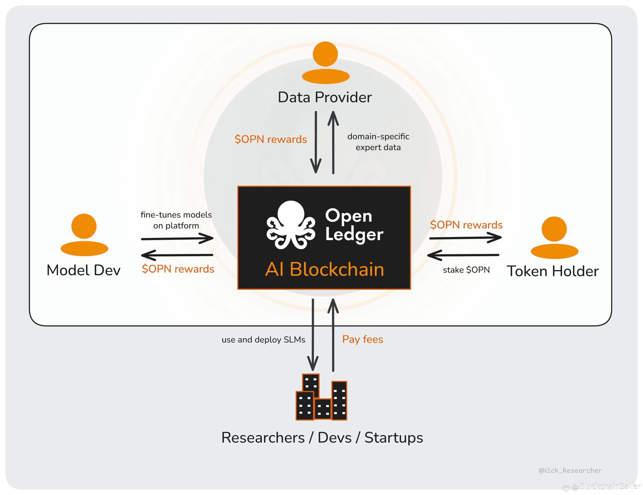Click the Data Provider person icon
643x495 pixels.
(x=326, y=63)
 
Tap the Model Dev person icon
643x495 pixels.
(x=84, y=235)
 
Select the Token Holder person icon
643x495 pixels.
(x=554, y=238)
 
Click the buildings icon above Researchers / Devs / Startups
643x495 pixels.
(x=321, y=397)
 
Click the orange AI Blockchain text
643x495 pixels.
(x=325, y=269)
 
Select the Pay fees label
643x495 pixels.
(x=363, y=339)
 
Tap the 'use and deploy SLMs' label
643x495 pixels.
(x=263, y=340)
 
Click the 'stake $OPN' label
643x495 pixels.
(x=466, y=270)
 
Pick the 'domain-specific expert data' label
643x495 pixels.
(x=378, y=142)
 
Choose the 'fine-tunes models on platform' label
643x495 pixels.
(x=176, y=220)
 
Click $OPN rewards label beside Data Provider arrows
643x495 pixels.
(x=271, y=139)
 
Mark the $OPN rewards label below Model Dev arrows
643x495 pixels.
(x=178, y=269)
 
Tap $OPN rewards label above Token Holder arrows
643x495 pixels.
(x=466, y=225)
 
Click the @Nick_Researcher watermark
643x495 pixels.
(x=570, y=470)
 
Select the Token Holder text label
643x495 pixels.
(x=553, y=271)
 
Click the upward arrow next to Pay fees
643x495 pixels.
(x=333, y=335)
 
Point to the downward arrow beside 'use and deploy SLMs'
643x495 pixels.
(x=313, y=335)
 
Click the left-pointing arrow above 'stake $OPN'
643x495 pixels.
(x=463, y=255)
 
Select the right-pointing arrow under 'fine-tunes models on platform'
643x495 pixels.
(x=177, y=239)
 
